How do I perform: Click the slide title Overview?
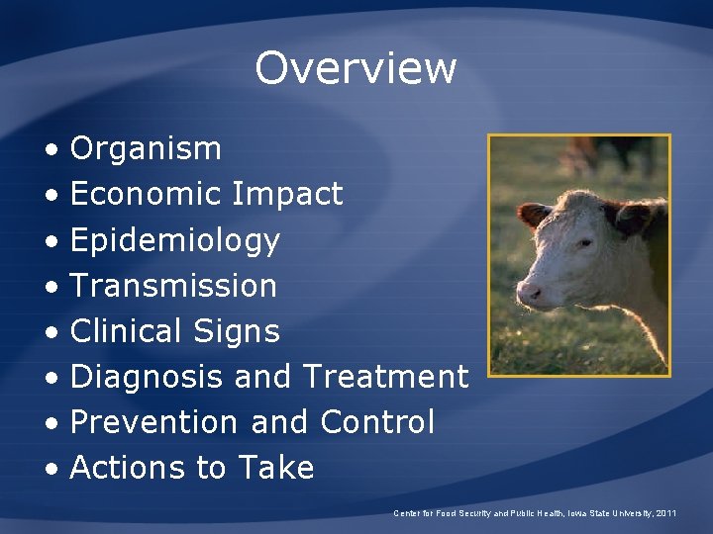[356, 68]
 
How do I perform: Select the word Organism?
[146, 149]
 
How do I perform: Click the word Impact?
[287, 194]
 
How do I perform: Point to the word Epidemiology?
[175, 240]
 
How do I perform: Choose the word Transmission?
[173, 286]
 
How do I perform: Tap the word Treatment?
[385, 377]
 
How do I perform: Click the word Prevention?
[153, 422]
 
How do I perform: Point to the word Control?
[377, 422]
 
